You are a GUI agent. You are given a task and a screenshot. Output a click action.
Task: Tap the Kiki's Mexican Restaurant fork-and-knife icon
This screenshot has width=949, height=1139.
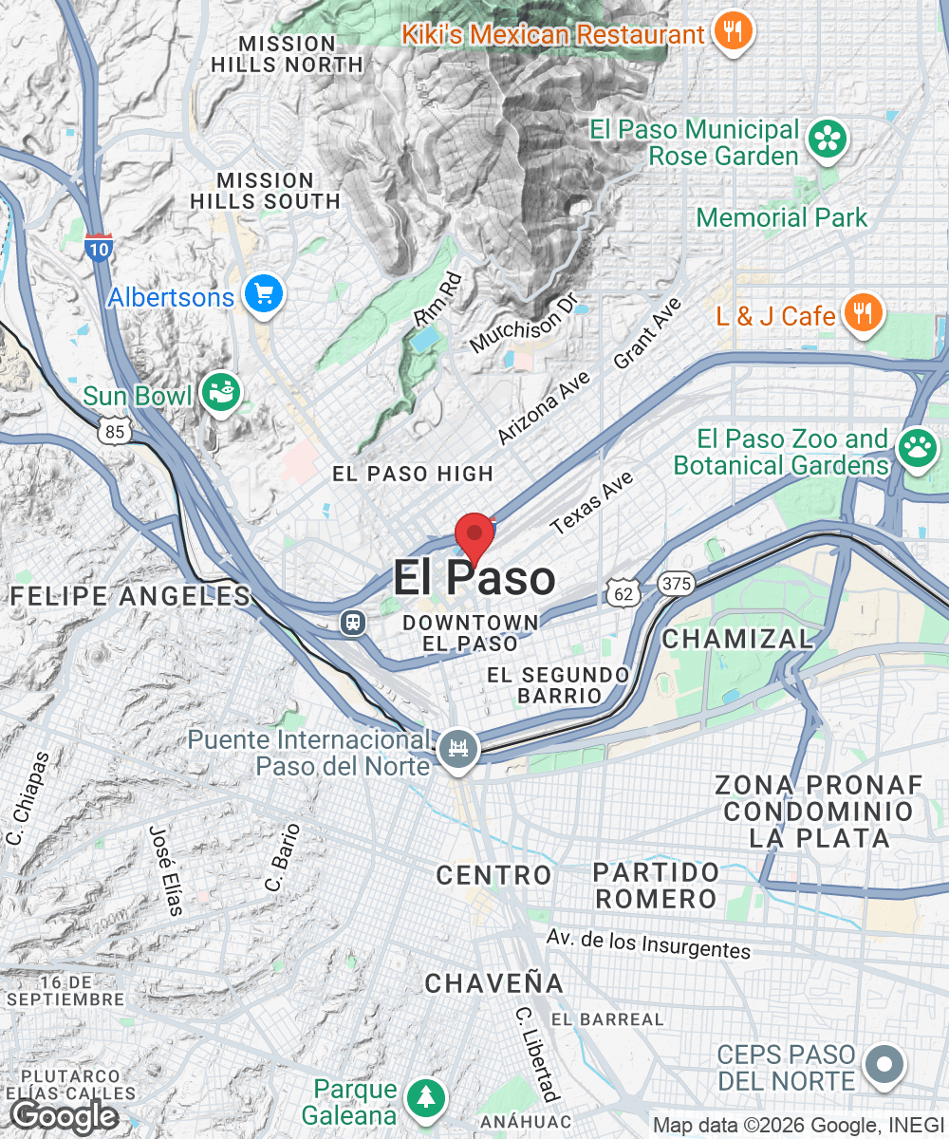[733, 33]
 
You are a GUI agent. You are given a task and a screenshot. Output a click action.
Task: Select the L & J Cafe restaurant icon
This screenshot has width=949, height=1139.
[863, 313]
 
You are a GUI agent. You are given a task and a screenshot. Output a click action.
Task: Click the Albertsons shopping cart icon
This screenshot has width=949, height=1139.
[263, 295]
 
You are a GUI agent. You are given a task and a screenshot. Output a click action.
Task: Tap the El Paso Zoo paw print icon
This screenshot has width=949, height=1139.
[917, 451]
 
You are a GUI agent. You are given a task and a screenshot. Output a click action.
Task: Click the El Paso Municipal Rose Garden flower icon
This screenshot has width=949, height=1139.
[828, 141]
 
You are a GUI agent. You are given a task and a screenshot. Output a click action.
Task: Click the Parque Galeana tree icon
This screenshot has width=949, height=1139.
[426, 1099]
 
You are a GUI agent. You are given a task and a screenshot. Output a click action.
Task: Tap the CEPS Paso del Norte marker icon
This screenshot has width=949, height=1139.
[884, 1065]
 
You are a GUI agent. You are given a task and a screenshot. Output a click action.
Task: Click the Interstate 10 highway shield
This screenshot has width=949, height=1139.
[98, 248]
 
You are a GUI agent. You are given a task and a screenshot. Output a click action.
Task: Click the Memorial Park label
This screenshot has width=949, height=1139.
[781, 217]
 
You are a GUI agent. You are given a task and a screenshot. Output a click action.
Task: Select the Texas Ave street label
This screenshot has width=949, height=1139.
[591, 502]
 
